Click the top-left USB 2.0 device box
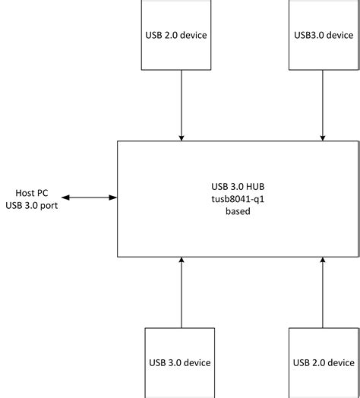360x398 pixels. coord(176,35)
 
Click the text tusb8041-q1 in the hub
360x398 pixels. coord(238,198)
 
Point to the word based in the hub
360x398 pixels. coord(238,211)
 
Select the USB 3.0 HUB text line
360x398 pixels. coord(238,185)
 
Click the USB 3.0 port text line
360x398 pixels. coord(31,204)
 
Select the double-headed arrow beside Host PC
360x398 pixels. coord(90,198)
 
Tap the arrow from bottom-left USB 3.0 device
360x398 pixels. coord(182,292)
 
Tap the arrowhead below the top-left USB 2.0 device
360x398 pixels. coord(182,137)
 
